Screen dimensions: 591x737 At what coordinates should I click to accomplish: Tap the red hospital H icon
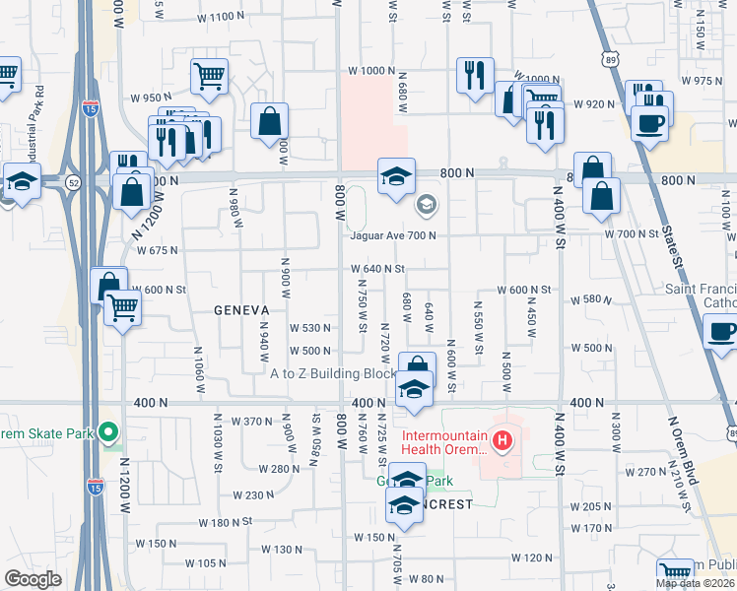[502, 439]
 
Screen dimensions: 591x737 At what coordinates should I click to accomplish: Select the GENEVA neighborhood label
[242, 309]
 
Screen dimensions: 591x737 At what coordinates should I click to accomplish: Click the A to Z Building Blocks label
[333, 374]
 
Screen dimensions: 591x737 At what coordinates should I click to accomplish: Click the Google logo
[33, 578]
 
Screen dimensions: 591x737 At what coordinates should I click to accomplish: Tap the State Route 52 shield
[74, 182]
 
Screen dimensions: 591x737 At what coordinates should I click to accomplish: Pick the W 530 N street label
[308, 328]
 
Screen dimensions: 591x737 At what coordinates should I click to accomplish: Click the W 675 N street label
[158, 250]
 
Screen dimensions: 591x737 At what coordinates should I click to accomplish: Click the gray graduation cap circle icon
[427, 206]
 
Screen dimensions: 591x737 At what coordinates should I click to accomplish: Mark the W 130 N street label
[282, 550]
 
